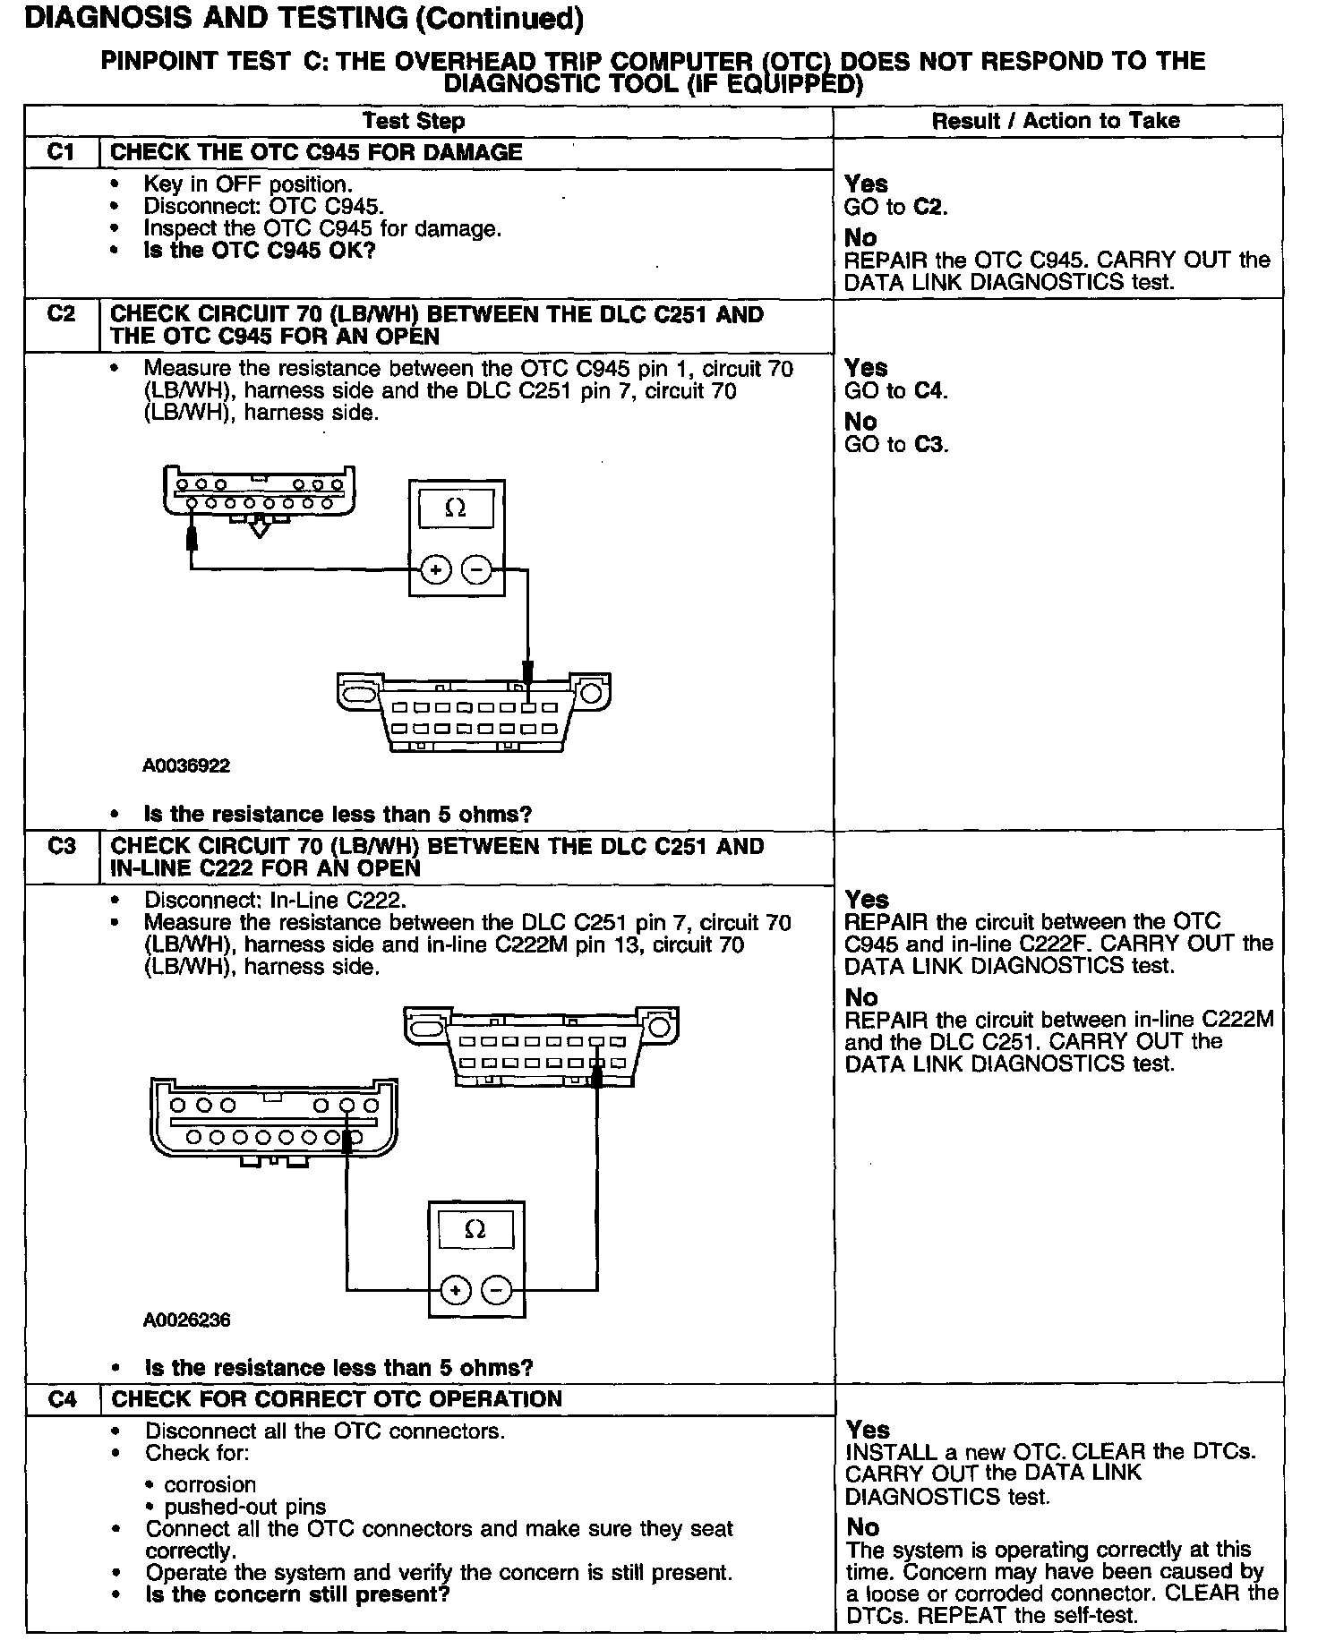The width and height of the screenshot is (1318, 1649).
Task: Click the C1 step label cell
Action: pyautogui.click(x=61, y=152)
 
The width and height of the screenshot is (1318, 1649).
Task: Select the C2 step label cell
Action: pyautogui.click(x=61, y=315)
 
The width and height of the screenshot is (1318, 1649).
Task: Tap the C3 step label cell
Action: pyautogui.click(x=61, y=846)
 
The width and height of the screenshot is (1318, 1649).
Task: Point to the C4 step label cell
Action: pyautogui.click(x=62, y=1399)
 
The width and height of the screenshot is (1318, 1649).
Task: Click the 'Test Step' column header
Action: pyautogui.click(x=414, y=121)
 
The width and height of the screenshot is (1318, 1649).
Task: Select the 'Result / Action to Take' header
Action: pyautogui.click(x=1057, y=121)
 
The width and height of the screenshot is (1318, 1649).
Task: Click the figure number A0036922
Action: pyautogui.click(x=186, y=765)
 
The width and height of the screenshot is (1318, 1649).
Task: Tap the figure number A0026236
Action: pyautogui.click(x=186, y=1320)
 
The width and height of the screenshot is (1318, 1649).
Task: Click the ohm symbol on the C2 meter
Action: pyautogui.click(x=456, y=508)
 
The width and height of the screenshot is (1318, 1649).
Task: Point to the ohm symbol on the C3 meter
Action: pyautogui.click(x=476, y=1230)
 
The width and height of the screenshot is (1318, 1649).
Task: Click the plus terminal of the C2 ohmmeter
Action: pyautogui.click(x=436, y=569)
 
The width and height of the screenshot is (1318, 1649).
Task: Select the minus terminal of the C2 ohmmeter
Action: pyautogui.click(x=476, y=569)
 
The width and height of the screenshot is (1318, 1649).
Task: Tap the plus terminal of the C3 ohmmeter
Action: pyautogui.click(x=456, y=1290)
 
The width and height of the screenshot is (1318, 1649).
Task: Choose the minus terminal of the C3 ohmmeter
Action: pyautogui.click(x=497, y=1290)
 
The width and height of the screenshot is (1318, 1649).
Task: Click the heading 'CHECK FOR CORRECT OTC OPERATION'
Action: pyautogui.click(x=337, y=1399)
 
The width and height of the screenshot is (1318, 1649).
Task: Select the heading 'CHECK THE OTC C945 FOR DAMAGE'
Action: pyautogui.click(x=316, y=152)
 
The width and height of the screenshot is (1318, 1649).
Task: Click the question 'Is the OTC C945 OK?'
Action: pyautogui.click(x=260, y=251)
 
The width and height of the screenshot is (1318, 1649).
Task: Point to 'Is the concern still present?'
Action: pyautogui.click(x=297, y=1594)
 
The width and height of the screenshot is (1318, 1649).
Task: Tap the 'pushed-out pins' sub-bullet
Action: pyautogui.click(x=245, y=1507)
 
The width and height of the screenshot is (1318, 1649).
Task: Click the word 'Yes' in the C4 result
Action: pyautogui.click(x=868, y=1430)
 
